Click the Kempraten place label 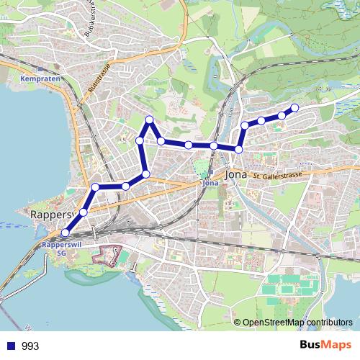click(x=34, y=78)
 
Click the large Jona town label click(x=238, y=174)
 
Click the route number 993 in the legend click(x=30, y=346)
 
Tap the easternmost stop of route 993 click(x=294, y=108)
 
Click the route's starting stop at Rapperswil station click(x=66, y=233)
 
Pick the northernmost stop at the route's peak click(x=149, y=120)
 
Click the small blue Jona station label click(x=210, y=183)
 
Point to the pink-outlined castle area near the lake click(x=111, y=256)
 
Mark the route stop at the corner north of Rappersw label click(x=95, y=188)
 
